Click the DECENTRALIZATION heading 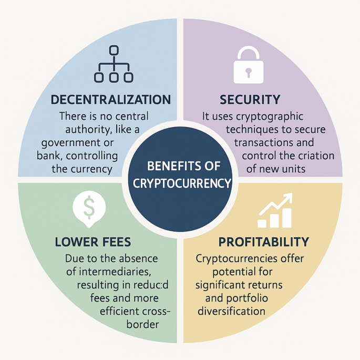point(111,99)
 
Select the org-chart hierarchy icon point(114,64)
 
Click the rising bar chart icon point(275,210)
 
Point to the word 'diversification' point(232,311)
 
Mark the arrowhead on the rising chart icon point(287,198)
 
